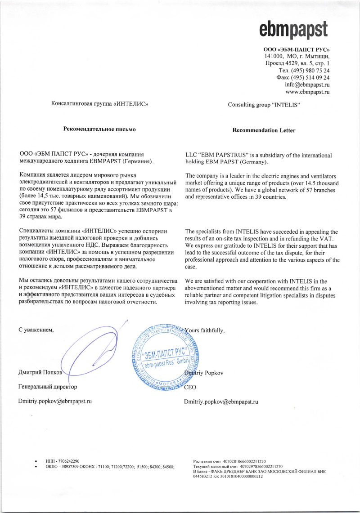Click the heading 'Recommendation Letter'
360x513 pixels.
point(264,130)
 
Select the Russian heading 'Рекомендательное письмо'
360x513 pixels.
point(99,129)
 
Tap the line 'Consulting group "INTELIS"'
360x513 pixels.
point(264,105)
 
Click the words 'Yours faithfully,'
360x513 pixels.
point(205,330)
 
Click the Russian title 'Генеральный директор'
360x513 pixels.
point(48,387)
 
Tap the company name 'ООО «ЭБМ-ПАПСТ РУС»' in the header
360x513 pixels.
point(297,49)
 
